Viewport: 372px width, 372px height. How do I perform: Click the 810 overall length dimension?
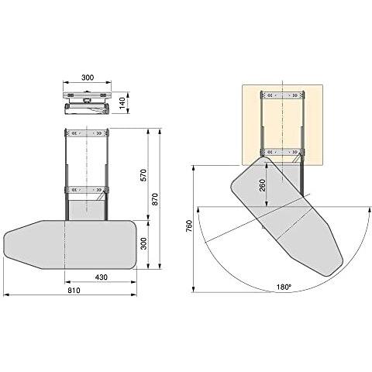click(x=74, y=291)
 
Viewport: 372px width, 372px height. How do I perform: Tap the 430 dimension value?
click(x=102, y=277)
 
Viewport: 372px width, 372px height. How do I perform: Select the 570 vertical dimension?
click(x=144, y=175)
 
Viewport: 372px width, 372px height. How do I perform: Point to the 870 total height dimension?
click(x=155, y=199)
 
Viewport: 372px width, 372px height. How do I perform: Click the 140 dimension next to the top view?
click(x=122, y=102)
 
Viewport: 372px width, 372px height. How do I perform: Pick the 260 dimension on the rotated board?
click(x=262, y=185)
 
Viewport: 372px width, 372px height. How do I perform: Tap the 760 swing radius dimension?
click(x=189, y=226)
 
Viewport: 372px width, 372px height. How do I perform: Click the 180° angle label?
click(x=284, y=287)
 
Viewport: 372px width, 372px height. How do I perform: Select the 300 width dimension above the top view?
click(x=88, y=77)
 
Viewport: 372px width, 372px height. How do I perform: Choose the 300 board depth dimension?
click(x=144, y=243)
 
